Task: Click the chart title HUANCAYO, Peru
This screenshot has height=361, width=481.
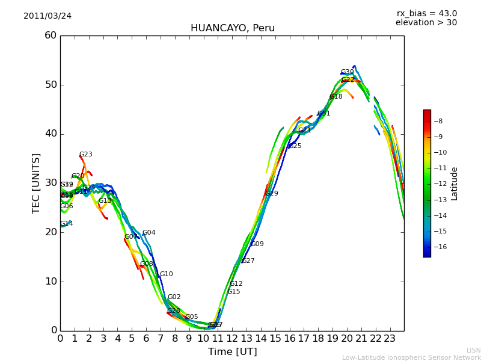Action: click(232, 28)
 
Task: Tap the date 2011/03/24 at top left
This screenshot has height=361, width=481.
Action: click(47, 16)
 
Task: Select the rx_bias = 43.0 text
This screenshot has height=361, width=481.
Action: click(426, 13)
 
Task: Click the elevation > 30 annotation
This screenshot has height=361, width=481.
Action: click(426, 23)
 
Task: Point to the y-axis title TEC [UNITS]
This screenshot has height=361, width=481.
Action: click(36, 183)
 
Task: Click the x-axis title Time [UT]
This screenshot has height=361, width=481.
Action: click(232, 352)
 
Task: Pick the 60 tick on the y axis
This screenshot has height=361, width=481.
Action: click(51, 35)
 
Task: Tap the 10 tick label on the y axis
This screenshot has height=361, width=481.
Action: click(51, 282)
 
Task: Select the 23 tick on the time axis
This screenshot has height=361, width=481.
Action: click(390, 338)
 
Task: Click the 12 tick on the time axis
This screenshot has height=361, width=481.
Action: click(232, 338)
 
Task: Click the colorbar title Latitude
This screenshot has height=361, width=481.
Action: click(455, 184)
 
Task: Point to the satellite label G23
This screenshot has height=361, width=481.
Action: click(86, 155)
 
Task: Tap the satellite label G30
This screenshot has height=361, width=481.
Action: click(348, 72)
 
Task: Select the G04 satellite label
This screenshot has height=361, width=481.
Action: click(149, 233)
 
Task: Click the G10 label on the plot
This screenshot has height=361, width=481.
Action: click(167, 274)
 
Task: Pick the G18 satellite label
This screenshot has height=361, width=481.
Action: click(336, 97)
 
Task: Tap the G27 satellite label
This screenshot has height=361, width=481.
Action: click(248, 261)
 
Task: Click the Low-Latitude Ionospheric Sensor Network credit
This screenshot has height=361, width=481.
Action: click(411, 358)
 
